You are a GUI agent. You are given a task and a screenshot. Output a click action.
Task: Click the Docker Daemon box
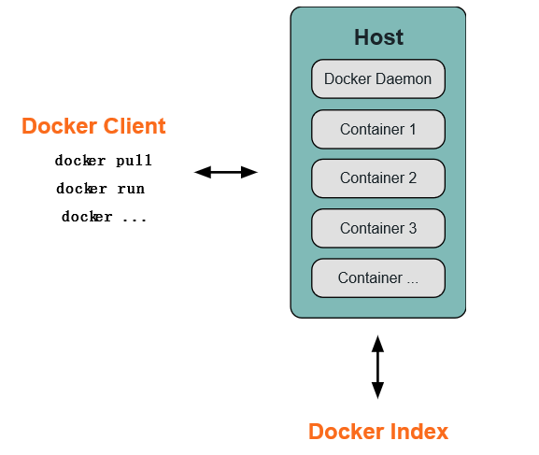coord(377,79)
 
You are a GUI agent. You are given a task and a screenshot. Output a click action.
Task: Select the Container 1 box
coord(377,129)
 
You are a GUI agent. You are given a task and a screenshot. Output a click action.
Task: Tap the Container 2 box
coord(377,178)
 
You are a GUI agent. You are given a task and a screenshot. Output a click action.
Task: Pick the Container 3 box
coord(377,228)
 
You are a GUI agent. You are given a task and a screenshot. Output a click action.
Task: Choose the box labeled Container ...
coord(377,278)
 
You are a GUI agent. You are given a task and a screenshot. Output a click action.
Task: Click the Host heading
coord(378,37)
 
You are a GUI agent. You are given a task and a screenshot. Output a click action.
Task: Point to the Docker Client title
coord(93,126)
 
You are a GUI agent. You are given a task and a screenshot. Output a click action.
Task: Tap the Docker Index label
coord(378,432)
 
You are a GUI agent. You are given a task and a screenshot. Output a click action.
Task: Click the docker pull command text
coord(103,161)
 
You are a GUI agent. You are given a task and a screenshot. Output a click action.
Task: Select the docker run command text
coord(100,189)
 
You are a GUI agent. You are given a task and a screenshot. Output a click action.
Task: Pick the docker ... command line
coord(104,217)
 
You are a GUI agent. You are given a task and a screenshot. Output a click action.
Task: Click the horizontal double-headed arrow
coord(225,172)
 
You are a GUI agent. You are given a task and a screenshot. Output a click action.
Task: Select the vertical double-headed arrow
coord(377,367)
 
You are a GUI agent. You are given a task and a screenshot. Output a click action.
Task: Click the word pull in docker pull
coord(134,161)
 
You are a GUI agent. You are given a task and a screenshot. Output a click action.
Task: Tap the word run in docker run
coord(131,189)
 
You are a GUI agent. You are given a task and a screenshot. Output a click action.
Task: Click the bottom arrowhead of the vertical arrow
coord(377,391)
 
